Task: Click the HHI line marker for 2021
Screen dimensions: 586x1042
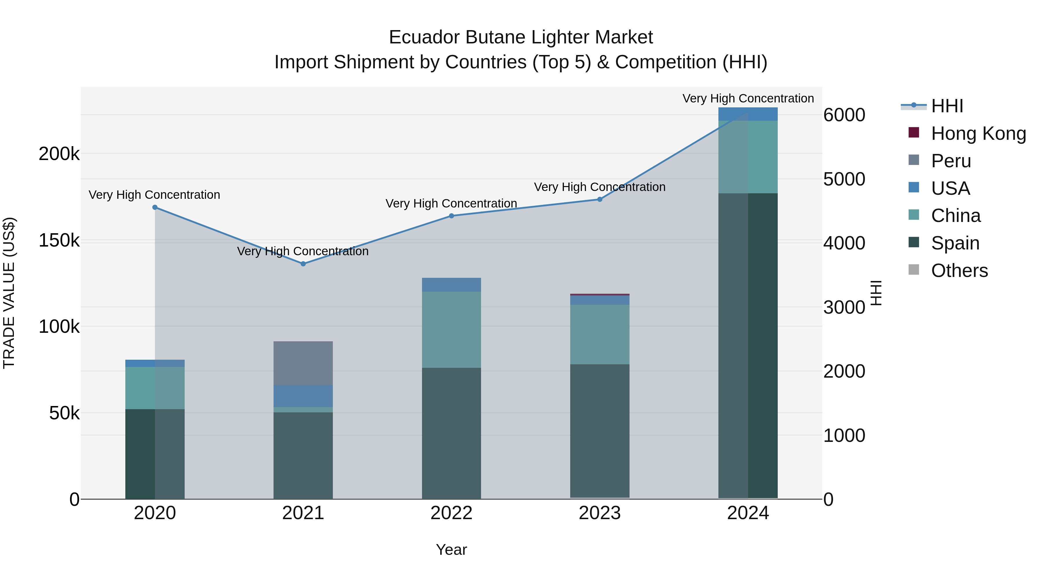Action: pos(303,264)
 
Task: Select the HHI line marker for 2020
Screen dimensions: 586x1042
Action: pos(155,207)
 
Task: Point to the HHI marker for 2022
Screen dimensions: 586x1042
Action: pos(452,216)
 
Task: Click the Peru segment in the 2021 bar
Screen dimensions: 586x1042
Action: pos(303,363)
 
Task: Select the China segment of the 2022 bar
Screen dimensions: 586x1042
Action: pos(452,329)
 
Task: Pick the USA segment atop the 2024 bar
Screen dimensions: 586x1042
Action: pos(748,114)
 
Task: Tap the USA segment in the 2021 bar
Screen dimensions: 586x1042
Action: pos(303,396)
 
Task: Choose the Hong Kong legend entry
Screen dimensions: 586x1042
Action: pos(978,133)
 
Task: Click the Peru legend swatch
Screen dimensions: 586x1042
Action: pos(914,160)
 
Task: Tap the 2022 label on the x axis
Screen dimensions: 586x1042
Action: pos(452,513)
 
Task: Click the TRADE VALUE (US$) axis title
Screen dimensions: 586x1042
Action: pos(9,293)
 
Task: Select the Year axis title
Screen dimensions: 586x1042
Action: pos(452,550)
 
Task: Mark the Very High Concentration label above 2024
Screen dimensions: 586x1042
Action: pos(748,98)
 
